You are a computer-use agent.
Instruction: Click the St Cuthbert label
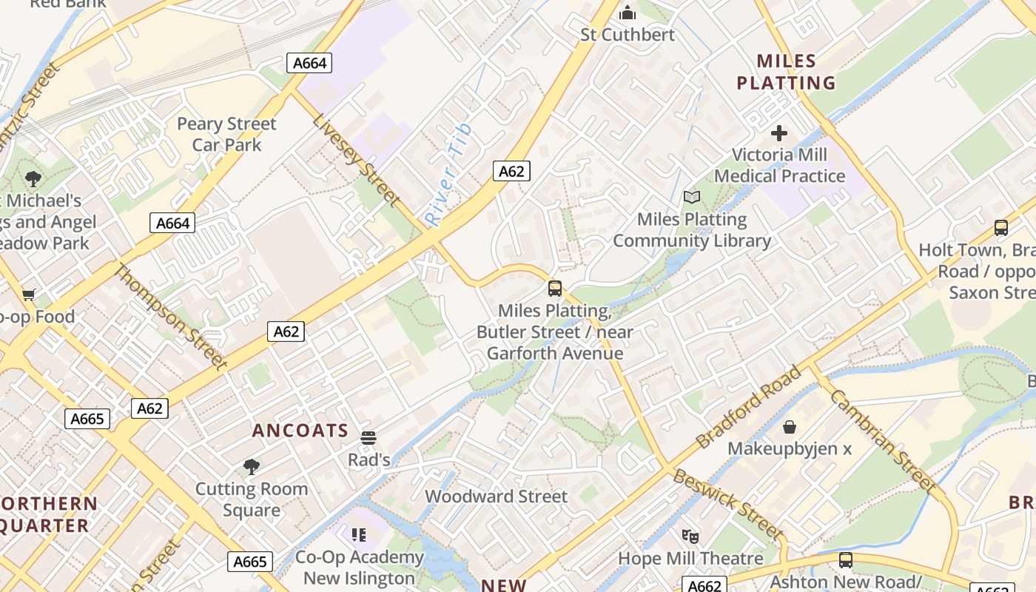click(x=628, y=35)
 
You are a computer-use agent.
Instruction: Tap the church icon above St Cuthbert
click(x=628, y=13)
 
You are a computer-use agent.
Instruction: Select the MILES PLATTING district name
click(x=786, y=72)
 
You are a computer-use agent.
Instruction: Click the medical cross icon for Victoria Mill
click(x=779, y=133)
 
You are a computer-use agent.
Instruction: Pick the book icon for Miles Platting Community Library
click(x=692, y=198)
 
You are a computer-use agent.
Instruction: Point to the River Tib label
click(x=448, y=175)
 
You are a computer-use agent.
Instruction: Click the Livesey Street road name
click(x=356, y=160)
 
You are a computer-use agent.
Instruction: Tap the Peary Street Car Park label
click(x=226, y=134)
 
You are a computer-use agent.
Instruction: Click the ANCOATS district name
click(x=300, y=431)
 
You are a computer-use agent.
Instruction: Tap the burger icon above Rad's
click(x=369, y=437)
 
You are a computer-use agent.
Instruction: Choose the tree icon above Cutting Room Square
click(x=252, y=467)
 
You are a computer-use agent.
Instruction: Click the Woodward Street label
click(x=496, y=497)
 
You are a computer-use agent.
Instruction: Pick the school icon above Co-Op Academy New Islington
click(x=360, y=534)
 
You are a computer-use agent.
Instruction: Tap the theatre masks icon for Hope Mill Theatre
click(x=690, y=536)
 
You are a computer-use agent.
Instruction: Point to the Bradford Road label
click(x=748, y=406)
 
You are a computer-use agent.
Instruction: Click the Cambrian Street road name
click(x=882, y=440)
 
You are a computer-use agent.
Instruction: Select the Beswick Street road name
click(x=727, y=504)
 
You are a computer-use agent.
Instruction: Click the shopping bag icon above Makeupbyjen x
click(x=790, y=427)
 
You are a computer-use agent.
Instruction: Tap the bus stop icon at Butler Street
click(x=555, y=289)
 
